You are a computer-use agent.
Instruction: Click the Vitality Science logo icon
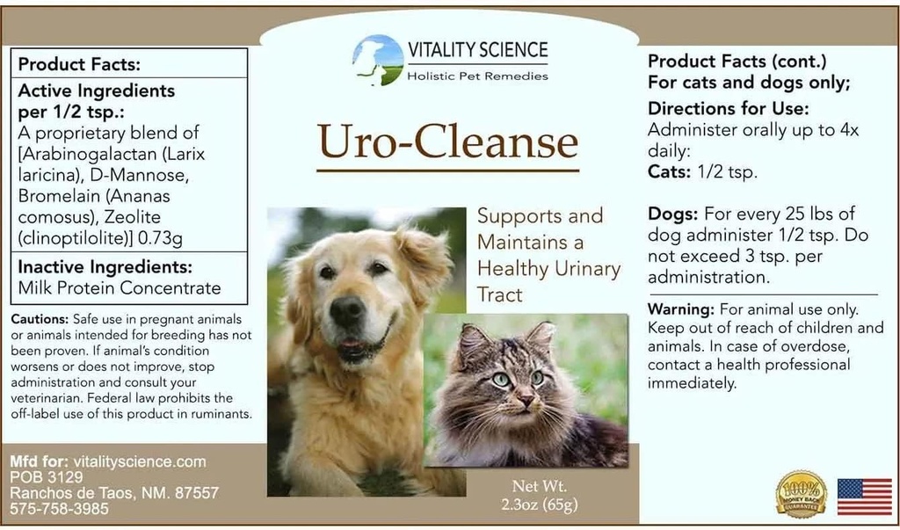[x=378, y=59]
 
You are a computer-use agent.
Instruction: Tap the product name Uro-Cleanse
[x=448, y=141]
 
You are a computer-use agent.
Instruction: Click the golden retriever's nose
[x=347, y=310]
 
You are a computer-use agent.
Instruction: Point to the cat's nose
[x=525, y=400]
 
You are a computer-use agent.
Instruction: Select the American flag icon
[x=864, y=497]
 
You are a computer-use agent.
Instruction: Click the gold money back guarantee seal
[x=801, y=494]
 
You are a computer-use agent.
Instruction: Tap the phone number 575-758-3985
[x=60, y=508]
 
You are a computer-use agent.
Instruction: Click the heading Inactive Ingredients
[x=105, y=267]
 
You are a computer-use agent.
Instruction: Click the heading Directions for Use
[x=728, y=109]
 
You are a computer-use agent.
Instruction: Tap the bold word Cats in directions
[x=667, y=172]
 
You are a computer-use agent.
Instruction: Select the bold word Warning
[x=681, y=309]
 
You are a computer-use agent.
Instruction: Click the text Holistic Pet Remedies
[x=477, y=76]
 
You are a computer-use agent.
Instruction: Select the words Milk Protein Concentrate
[x=120, y=287]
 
